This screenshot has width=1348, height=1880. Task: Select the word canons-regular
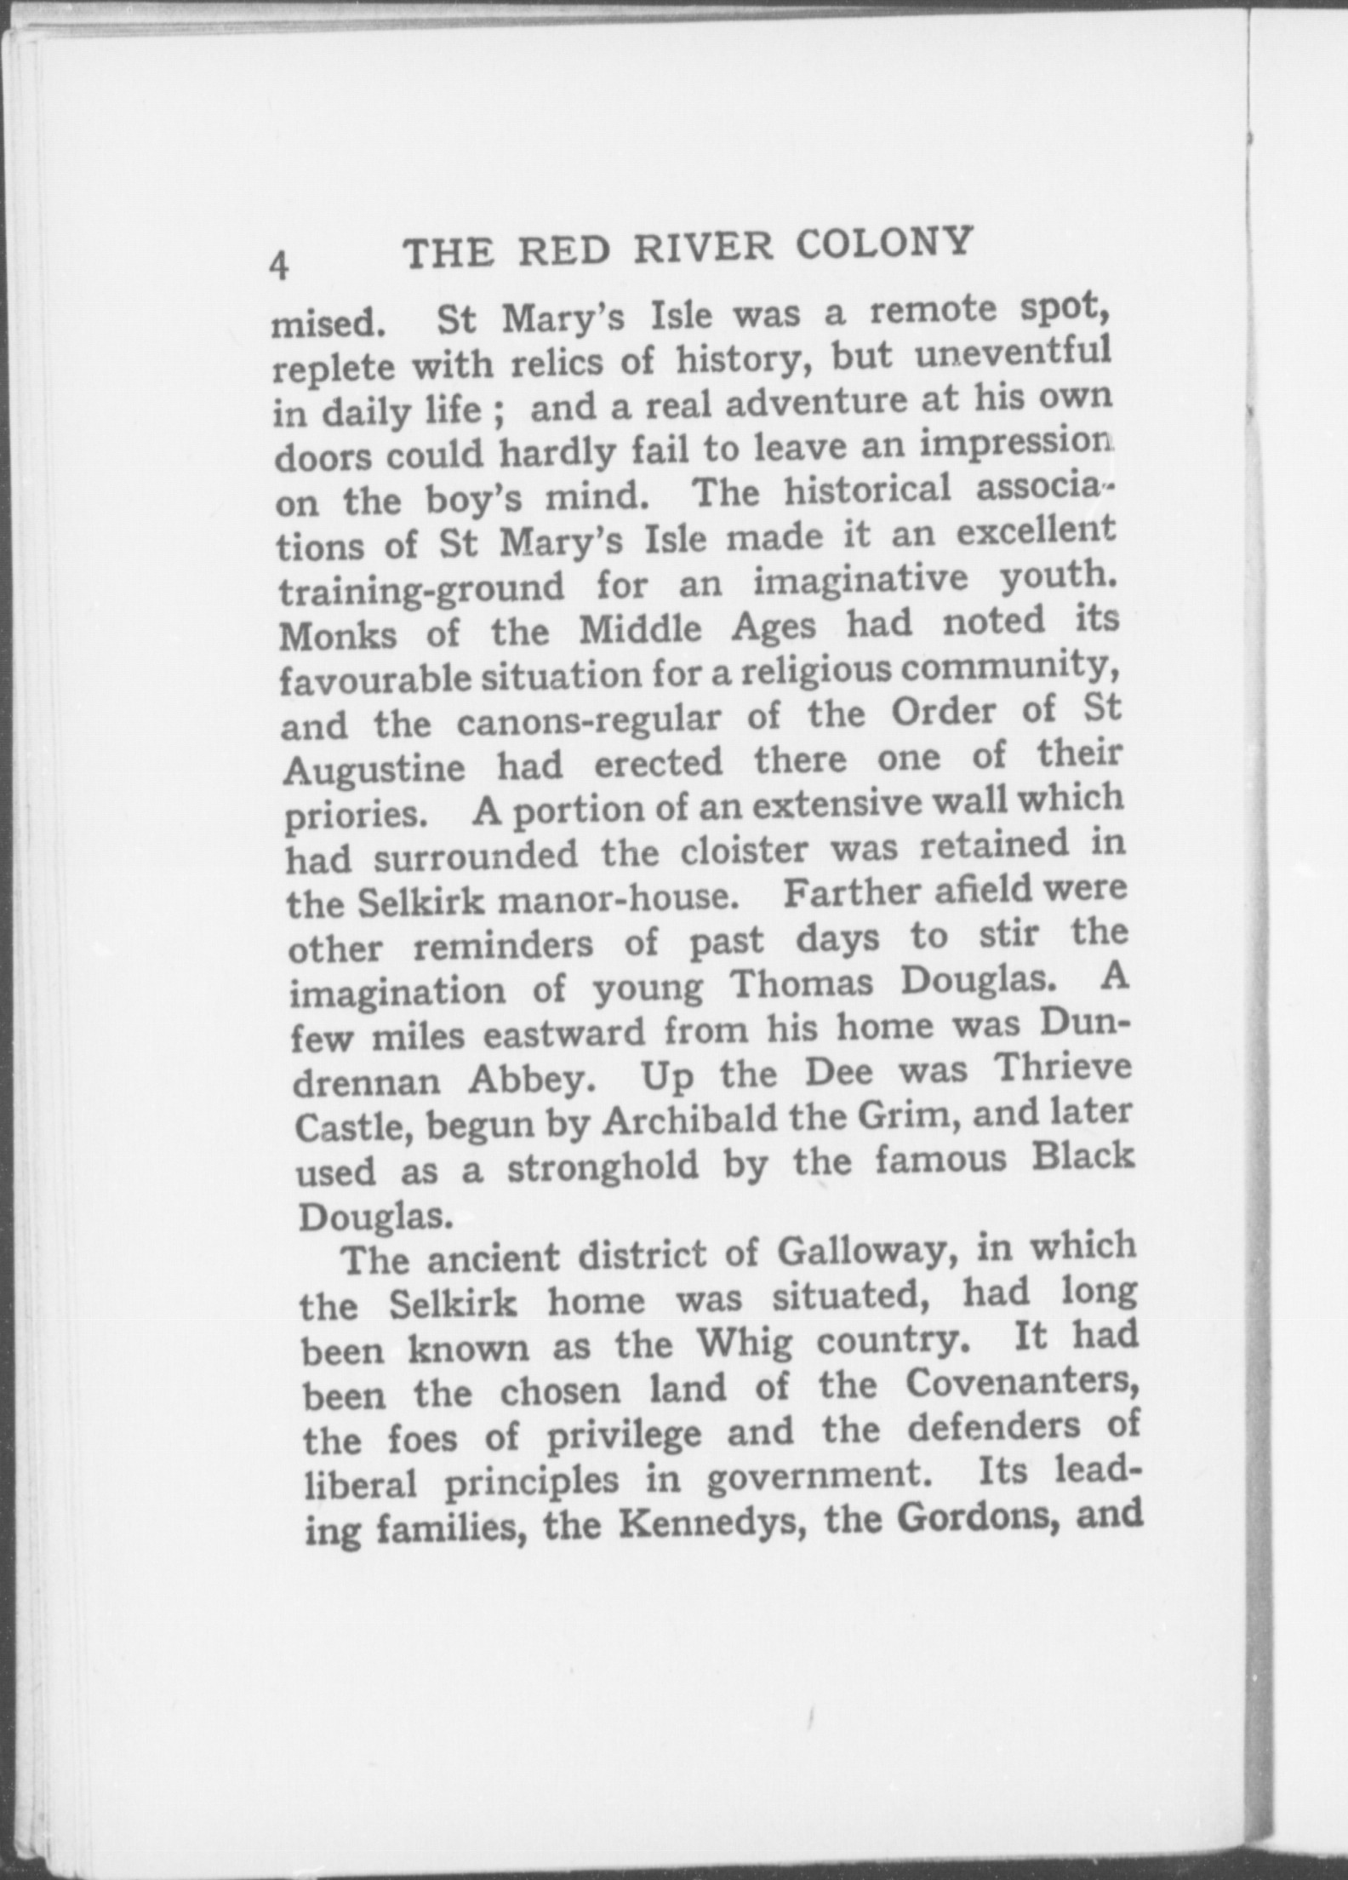(x=588, y=720)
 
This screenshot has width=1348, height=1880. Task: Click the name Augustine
(x=374, y=770)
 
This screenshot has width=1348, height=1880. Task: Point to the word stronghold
(x=603, y=1168)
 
